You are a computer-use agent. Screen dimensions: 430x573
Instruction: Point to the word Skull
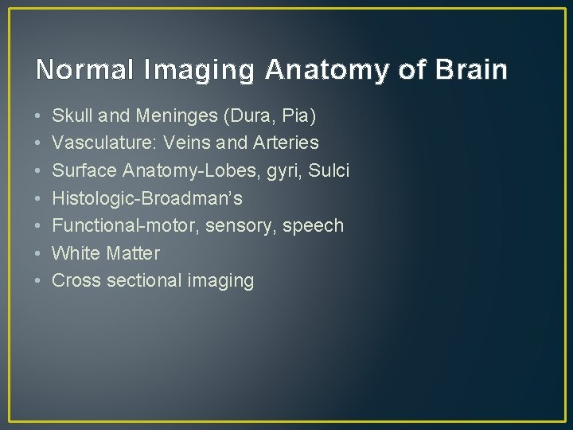coord(72,116)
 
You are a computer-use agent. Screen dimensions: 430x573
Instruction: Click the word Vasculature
coord(97,143)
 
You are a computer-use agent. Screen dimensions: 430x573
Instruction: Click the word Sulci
coord(329,170)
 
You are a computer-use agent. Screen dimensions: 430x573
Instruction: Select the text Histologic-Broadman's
coord(146,198)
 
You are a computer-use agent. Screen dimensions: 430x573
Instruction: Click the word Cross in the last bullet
coord(73,280)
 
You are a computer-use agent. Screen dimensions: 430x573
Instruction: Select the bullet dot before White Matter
coord(39,254)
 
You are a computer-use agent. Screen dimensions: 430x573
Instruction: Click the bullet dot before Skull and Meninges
coord(39,117)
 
